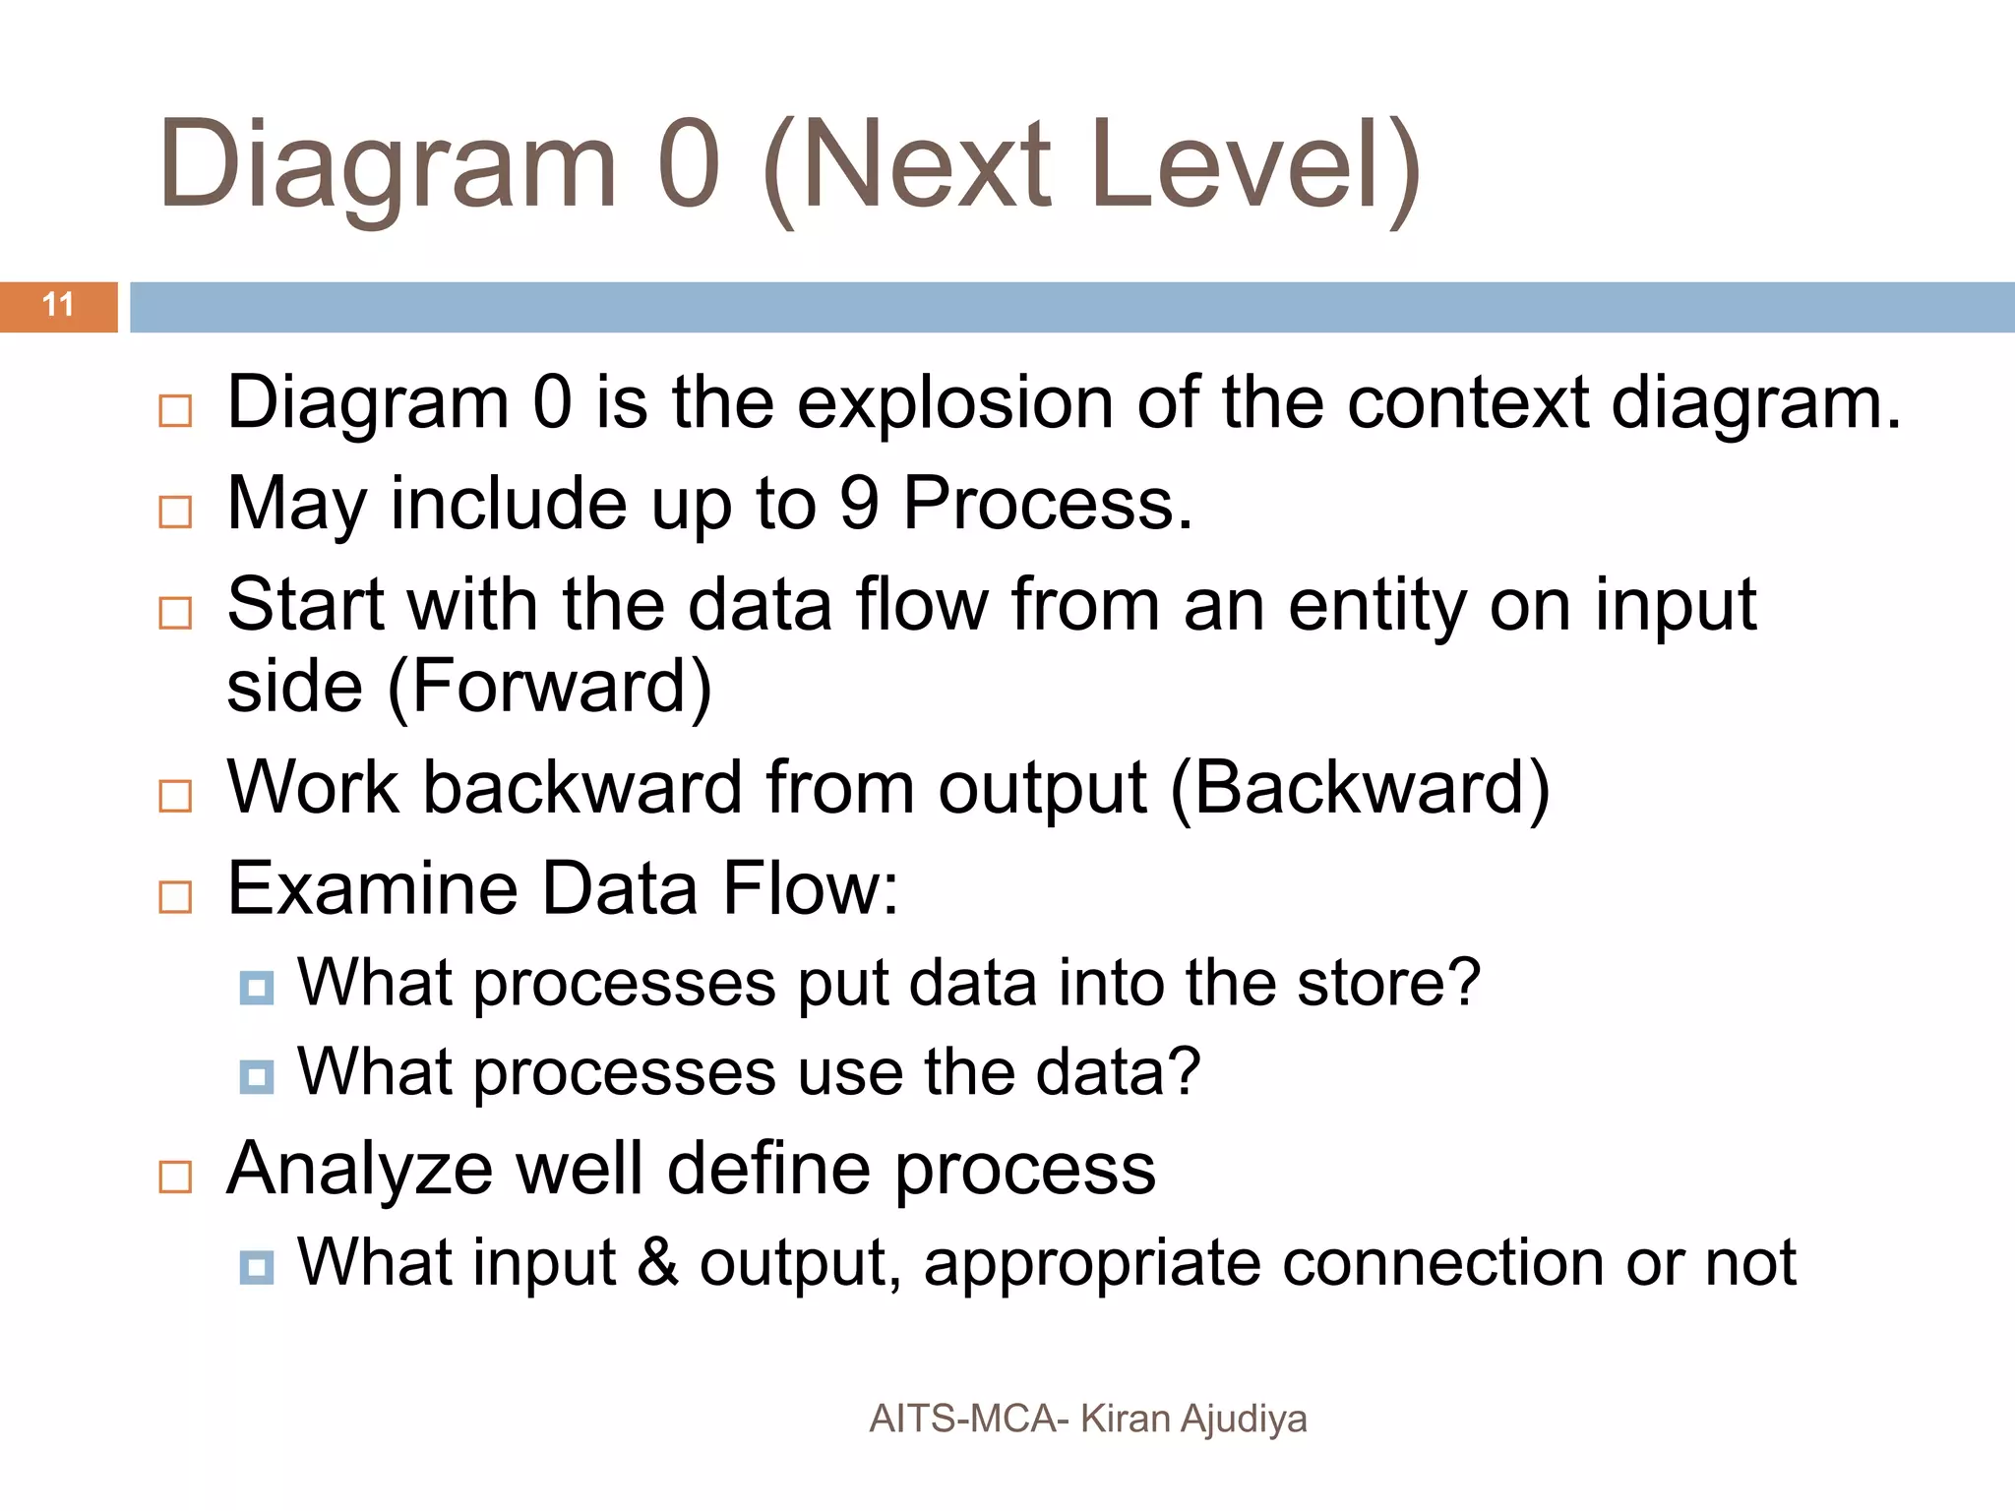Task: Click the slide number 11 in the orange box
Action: coord(58,305)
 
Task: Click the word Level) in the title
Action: coord(1254,165)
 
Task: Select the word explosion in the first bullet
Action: coord(954,403)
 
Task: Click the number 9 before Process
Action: coord(858,504)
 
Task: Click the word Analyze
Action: coord(359,1169)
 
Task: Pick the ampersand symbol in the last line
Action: coord(658,1262)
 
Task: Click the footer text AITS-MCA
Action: coord(963,1419)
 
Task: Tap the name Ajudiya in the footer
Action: coord(1244,1420)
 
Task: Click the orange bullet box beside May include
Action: coord(175,512)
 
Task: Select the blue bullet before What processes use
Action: coord(257,1076)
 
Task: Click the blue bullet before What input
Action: coord(257,1266)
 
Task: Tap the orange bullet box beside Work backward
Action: coord(175,795)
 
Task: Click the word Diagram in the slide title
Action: coord(387,165)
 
